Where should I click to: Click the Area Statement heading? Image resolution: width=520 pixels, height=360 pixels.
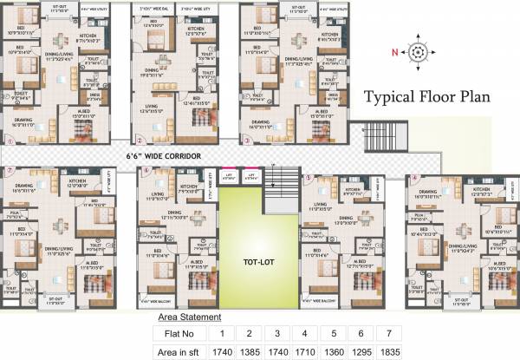(189, 317)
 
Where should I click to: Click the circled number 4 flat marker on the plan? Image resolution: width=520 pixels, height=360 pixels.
(414, 178)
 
